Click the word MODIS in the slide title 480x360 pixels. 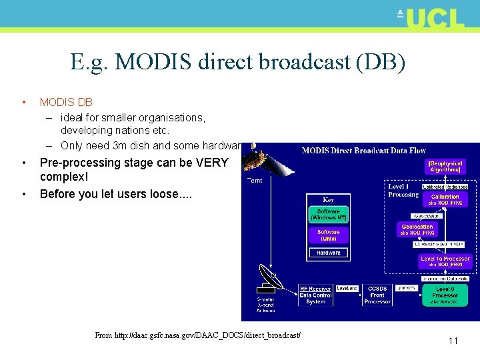[x=154, y=62]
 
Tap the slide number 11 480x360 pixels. [x=453, y=341]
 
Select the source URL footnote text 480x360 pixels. [x=197, y=335]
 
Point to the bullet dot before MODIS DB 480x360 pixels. [x=23, y=103]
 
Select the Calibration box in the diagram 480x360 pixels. [x=445, y=199]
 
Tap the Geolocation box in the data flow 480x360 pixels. [x=417, y=230]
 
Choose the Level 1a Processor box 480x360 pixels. [x=445, y=261]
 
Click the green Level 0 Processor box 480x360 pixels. [x=445, y=295]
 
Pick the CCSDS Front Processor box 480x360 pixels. [x=377, y=295]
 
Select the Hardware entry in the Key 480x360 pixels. [x=328, y=253]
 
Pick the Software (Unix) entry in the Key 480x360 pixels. [x=328, y=235]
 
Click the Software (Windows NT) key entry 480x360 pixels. [x=328, y=215]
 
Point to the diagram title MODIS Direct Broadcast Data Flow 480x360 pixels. [x=354, y=150]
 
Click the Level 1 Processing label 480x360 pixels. [x=403, y=190]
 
